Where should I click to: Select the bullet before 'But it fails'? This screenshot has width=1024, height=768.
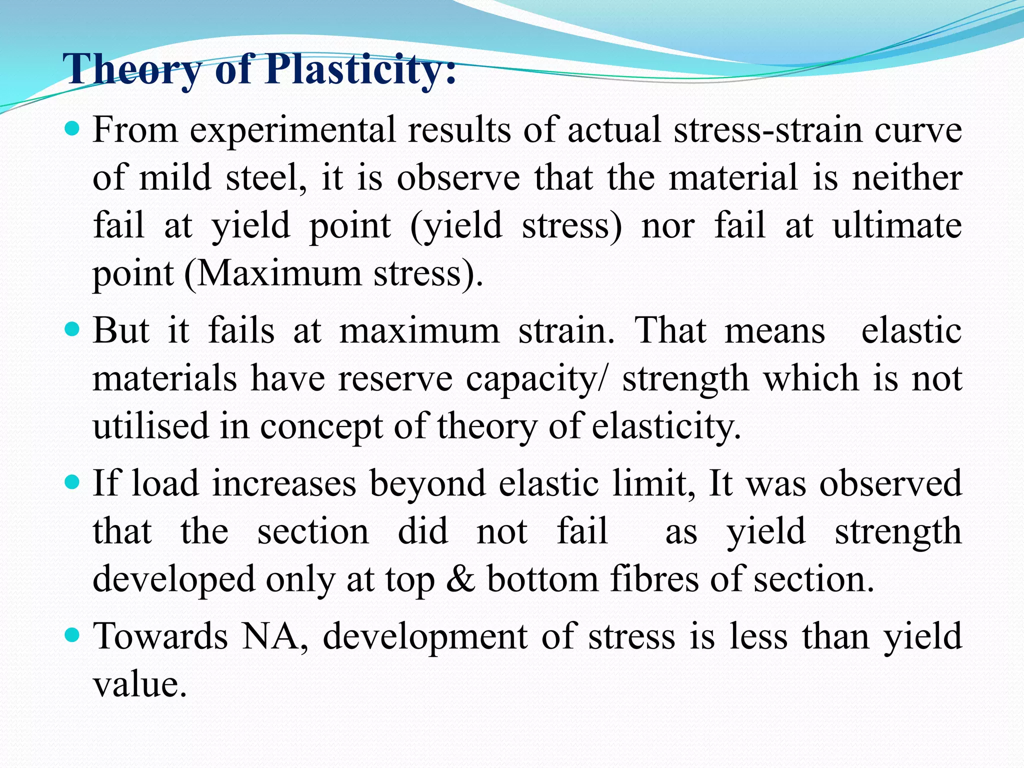(x=73, y=330)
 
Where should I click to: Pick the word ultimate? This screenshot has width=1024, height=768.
(x=897, y=226)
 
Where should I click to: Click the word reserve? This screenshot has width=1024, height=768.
(x=395, y=379)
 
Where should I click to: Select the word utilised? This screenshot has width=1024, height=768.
(x=150, y=426)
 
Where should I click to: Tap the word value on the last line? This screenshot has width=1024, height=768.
(x=140, y=685)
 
